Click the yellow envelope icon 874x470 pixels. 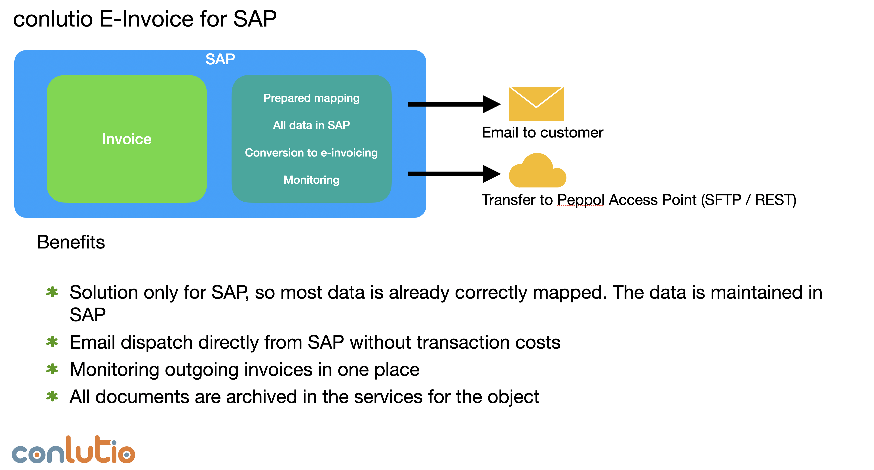(536, 104)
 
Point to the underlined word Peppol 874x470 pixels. (581, 200)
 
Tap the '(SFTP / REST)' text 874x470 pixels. (749, 200)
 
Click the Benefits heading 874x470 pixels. (71, 242)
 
